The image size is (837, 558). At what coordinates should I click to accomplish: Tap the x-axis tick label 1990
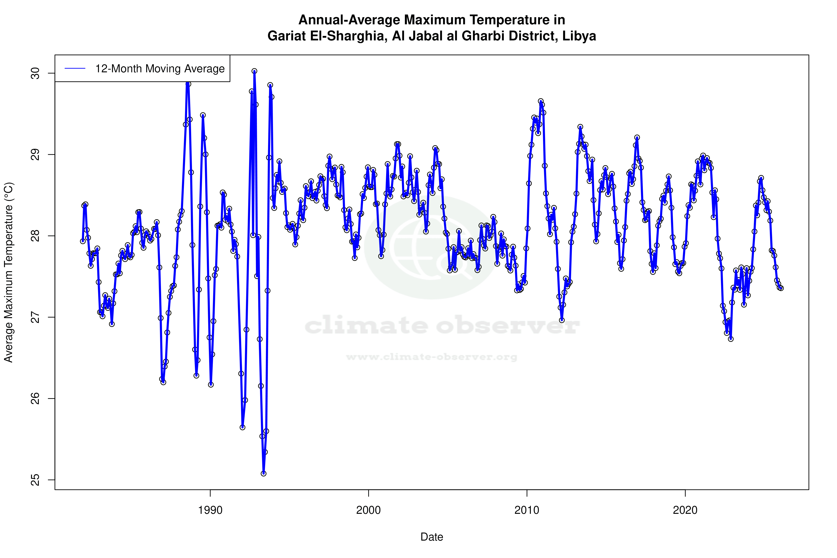210,510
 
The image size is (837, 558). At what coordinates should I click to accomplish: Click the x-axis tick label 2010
527,510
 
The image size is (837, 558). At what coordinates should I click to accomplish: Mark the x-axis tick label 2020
685,510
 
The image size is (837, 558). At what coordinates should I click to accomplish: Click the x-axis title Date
432,537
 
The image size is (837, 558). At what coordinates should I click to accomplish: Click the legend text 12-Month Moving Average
160,69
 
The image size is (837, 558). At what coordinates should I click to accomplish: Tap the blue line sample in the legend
75,69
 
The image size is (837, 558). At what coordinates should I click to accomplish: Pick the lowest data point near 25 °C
263,473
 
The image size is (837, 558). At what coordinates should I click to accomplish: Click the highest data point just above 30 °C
254,71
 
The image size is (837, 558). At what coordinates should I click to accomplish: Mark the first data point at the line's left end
83,241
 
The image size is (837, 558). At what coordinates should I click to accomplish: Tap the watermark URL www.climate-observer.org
432,357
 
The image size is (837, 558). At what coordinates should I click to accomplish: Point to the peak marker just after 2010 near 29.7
541,101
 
